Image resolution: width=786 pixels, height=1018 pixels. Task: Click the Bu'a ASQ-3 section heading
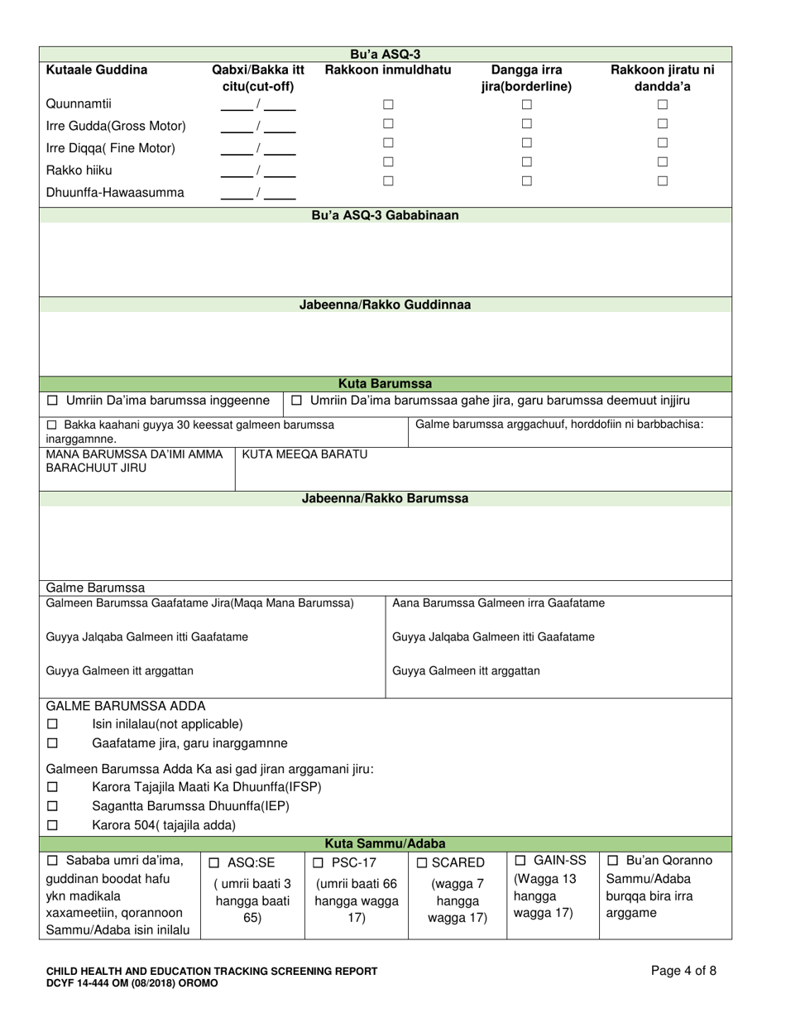(385, 54)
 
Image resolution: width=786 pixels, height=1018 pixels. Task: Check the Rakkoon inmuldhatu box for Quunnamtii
(387, 105)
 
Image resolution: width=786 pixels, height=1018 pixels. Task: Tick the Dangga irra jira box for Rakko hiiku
(525, 162)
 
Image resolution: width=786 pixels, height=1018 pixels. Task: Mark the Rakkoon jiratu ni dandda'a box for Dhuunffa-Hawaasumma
(662, 180)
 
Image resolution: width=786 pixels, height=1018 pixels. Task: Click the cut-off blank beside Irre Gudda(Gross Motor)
(259, 127)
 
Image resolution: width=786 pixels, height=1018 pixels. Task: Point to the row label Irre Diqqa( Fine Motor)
(111, 149)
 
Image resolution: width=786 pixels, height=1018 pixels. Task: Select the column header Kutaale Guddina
(97, 70)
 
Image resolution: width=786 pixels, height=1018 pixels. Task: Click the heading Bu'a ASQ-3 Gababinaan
(385, 215)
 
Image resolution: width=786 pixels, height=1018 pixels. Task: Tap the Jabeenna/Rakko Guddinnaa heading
(385, 305)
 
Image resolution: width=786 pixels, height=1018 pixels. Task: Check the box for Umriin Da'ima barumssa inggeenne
(53, 401)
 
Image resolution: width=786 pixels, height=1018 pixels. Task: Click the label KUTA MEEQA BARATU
(304, 454)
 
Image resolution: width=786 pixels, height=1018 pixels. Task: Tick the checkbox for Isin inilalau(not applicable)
(53, 724)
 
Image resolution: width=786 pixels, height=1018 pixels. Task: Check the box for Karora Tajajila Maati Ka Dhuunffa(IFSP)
(53, 786)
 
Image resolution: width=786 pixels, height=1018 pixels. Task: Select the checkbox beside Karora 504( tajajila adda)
(53, 825)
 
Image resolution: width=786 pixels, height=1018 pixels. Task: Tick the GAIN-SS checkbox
(520, 861)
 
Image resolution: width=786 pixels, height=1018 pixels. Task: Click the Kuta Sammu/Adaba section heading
(385, 844)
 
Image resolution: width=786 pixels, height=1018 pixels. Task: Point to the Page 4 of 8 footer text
(683, 972)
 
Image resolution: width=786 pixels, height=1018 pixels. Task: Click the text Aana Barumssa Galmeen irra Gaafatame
(498, 603)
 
